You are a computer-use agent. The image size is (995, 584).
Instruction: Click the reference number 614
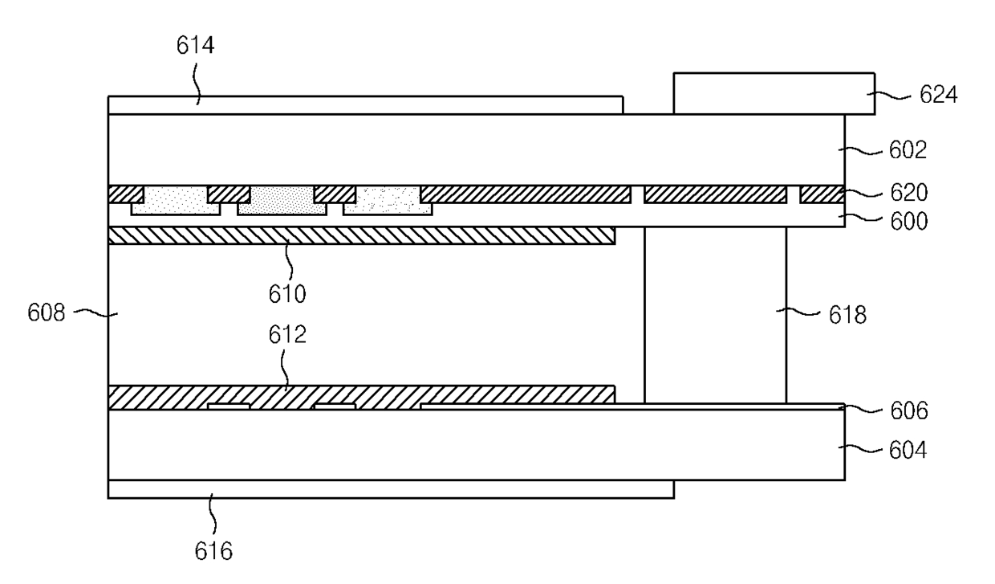pos(195,46)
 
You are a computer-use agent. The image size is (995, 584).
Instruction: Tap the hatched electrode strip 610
pos(361,235)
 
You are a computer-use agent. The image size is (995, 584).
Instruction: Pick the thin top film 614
pos(365,105)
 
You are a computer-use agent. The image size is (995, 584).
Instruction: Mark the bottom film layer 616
pos(391,489)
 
